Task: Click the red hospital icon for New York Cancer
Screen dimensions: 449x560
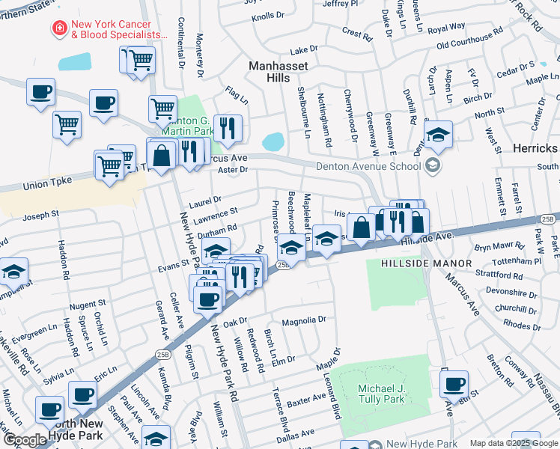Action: click(x=57, y=28)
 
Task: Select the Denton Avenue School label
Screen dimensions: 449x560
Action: click(x=370, y=166)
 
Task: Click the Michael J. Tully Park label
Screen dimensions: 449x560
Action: click(x=381, y=394)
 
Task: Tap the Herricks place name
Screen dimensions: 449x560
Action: click(x=535, y=148)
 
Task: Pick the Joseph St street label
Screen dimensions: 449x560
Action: click(x=40, y=215)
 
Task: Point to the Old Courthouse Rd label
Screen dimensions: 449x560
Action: click(x=470, y=38)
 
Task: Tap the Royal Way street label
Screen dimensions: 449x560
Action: click(x=447, y=28)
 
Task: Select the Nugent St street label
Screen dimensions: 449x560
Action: click(x=87, y=305)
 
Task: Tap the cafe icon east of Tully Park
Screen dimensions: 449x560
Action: click(x=454, y=384)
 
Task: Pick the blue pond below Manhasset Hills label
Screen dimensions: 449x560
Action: click(x=273, y=141)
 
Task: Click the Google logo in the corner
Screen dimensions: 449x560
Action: click(x=24, y=440)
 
